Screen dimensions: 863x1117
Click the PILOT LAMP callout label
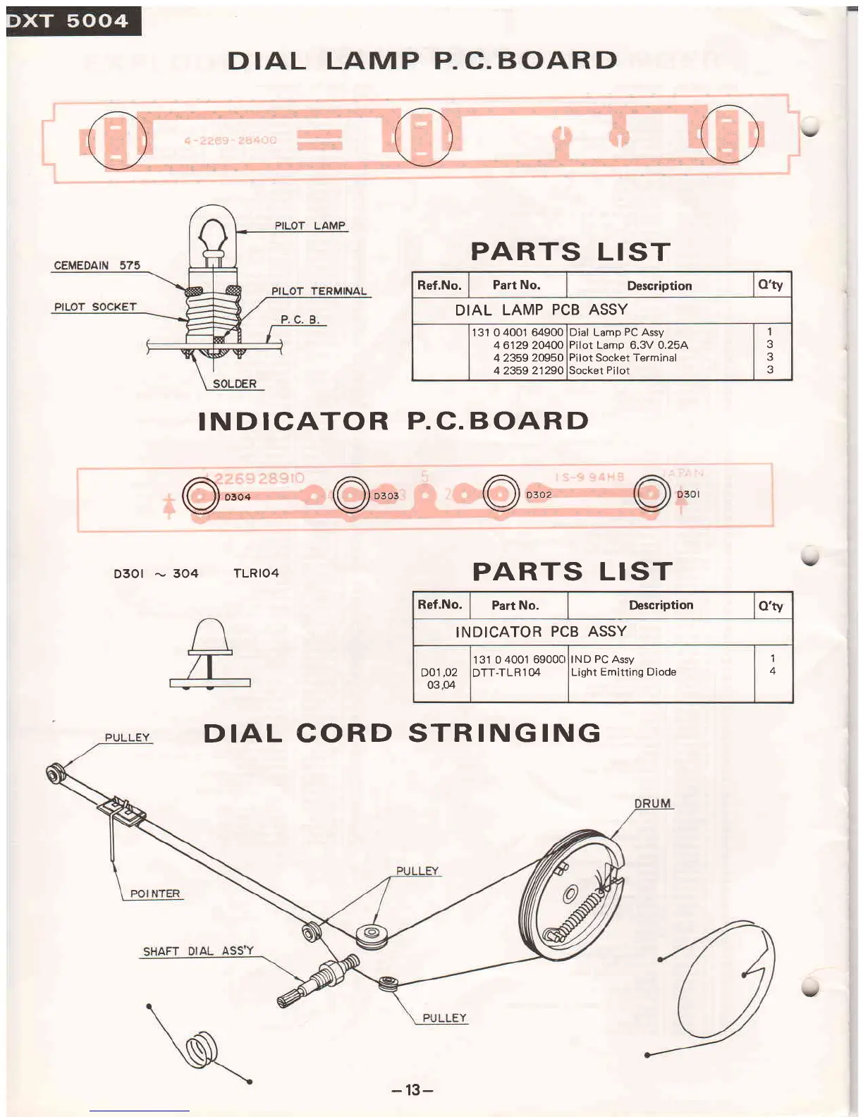(310, 226)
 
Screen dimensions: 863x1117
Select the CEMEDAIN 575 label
(97, 266)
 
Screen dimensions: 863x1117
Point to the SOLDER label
(234, 384)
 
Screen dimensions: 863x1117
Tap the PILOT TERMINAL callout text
(319, 291)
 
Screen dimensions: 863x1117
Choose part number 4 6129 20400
(528, 345)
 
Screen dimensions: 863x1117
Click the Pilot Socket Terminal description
(623, 358)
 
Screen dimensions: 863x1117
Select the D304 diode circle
(200, 496)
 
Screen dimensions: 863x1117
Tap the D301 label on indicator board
(688, 494)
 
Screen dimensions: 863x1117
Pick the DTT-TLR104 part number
(506, 672)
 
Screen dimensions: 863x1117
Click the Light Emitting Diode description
(623, 672)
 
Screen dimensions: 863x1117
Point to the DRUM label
(652, 803)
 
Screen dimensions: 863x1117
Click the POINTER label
(155, 893)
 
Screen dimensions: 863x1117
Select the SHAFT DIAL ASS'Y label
(198, 951)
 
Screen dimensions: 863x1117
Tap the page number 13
(412, 1089)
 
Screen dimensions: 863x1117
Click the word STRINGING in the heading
(505, 733)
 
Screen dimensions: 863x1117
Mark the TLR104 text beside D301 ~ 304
(256, 573)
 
